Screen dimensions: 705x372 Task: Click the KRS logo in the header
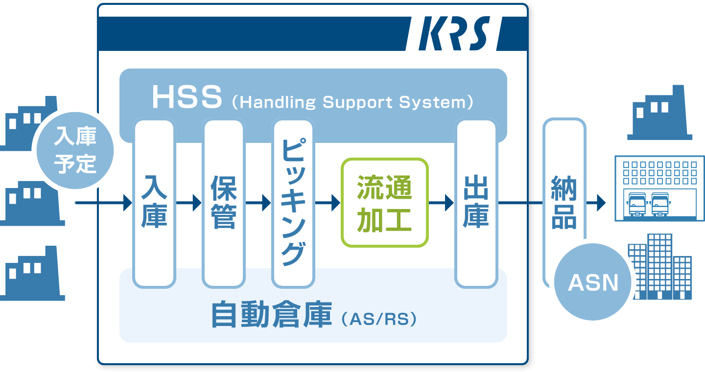coord(454,33)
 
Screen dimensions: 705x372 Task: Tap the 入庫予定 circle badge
coord(75,150)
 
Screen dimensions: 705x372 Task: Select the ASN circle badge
coord(593,282)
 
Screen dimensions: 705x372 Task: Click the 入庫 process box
coord(154,203)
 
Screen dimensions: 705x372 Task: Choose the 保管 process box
coord(224,203)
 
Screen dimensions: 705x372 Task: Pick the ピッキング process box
coord(293,203)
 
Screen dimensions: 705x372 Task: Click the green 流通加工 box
coord(385,203)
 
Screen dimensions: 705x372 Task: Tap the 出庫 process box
coord(476,203)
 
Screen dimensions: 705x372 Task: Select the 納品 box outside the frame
coord(564,202)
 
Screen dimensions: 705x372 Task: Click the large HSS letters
coord(187,97)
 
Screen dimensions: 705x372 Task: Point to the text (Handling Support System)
coord(352,102)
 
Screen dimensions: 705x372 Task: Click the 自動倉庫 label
coord(272,314)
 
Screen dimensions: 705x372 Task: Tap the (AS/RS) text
coord(379,319)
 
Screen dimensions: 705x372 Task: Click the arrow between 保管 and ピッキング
coord(258,203)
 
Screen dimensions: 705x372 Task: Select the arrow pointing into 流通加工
coord(328,203)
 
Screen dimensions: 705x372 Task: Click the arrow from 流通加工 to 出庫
coord(441,203)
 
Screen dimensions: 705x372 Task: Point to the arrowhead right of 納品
coord(601,203)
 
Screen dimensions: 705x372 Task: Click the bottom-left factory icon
coord(31,273)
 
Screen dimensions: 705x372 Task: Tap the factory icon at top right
coord(659,113)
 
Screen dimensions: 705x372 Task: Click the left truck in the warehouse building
coord(636,204)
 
